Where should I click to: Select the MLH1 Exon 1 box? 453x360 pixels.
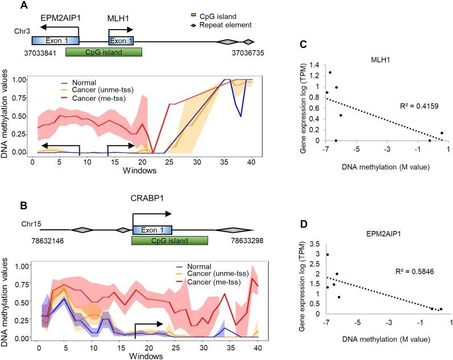pyautogui.click(x=121, y=41)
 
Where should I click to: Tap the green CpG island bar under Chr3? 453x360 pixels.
pyautogui.click(x=103, y=52)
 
